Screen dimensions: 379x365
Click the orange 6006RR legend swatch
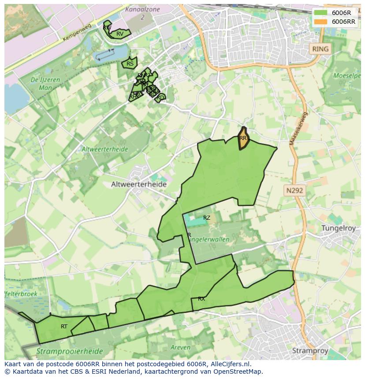tap(320, 22)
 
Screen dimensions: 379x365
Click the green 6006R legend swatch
tap(320, 13)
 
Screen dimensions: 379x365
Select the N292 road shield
tap(294, 191)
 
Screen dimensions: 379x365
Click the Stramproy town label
tap(311, 350)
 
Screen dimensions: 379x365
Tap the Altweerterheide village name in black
tap(138, 184)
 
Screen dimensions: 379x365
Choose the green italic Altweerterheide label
tap(104, 149)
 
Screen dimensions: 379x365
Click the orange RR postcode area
tap(243, 138)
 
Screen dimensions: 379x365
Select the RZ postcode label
tap(207, 218)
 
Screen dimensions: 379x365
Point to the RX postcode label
tap(201, 299)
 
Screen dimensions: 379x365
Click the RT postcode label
tap(64, 327)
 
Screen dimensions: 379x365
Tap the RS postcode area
tap(130, 63)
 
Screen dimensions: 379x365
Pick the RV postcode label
tap(120, 34)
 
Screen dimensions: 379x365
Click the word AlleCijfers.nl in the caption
tap(229, 364)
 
